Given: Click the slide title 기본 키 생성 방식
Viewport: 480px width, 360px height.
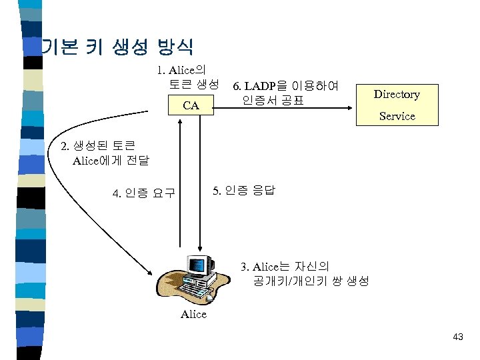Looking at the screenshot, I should (117, 47).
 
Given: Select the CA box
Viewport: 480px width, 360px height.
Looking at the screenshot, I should (191, 105).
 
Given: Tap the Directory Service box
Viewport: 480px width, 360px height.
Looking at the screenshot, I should (397, 105).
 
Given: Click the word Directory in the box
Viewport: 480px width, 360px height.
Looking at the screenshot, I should (397, 94).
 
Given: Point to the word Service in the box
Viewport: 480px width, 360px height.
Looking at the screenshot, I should (397, 116).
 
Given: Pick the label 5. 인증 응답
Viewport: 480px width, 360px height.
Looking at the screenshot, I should (243, 191).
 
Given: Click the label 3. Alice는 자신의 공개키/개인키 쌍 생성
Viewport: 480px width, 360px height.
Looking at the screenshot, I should (304, 274).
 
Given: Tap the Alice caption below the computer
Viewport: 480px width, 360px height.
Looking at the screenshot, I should (193, 314).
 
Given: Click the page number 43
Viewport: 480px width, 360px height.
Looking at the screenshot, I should (457, 337).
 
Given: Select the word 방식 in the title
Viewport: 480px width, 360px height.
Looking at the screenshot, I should (175, 47).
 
